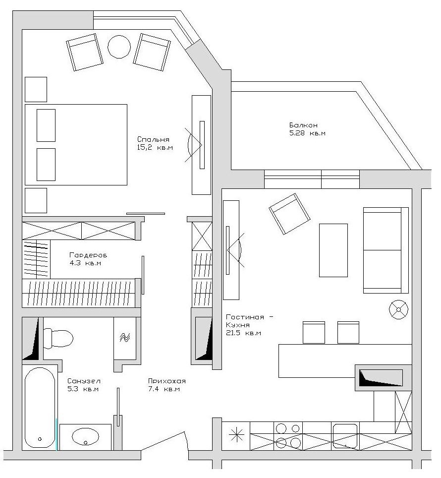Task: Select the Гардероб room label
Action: [x=88, y=255]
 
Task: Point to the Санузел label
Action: [x=84, y=381]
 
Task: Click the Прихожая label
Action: [x=166, y=381]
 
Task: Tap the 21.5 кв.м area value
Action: [x=243, y=333]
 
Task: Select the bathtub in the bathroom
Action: [x=40, y=407]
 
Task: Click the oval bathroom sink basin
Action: [x=86, y=437]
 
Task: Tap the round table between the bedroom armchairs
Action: [x=119, y=47]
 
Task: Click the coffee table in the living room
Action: [x=333, y=250]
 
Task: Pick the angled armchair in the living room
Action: [x=289, y=214]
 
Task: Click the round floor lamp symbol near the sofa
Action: [x=398, y=309]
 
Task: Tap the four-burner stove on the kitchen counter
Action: [x=288, y=435]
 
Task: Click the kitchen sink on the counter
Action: [x=345, y=436]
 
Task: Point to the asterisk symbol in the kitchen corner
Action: [x=236, y=435]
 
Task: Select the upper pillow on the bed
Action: [x=46, y=125]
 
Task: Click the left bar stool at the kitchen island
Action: [x=314, y=332]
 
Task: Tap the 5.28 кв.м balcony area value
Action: [x=307, y=133]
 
